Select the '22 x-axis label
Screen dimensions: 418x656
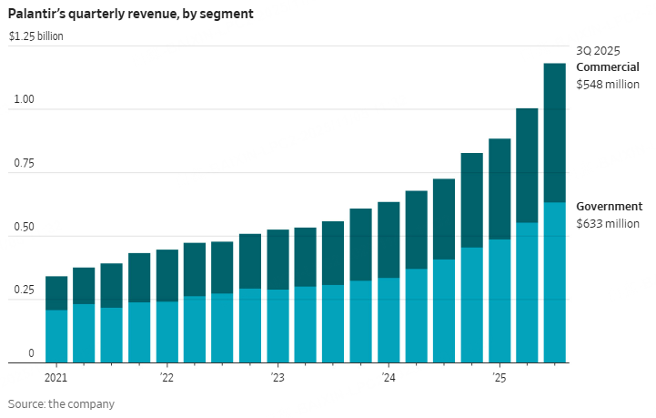pyautogui.click(x=166, y=377)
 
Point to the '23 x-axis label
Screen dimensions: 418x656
pyautogui.click(x=277, y=377)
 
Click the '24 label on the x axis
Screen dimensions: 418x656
pyautogui.click(x=388, y=377)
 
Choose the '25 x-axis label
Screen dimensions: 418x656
pyautogui.click(x=499, y=377)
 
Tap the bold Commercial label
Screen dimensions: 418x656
pyautogui.click(x=607, y=67)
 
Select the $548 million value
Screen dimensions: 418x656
pyautogui.click(x=607, y=84)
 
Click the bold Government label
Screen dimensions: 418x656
pyautogui.click(x=610, y=207)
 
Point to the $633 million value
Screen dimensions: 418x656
pyautogui.click(x=607, y=223)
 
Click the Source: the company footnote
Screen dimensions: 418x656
pyautogui.click(x=62, y=403)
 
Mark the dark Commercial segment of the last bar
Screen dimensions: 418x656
pyautogui.click(x=554, y=132)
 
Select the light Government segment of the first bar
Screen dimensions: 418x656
pyautogui.click(x=56, y=336)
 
